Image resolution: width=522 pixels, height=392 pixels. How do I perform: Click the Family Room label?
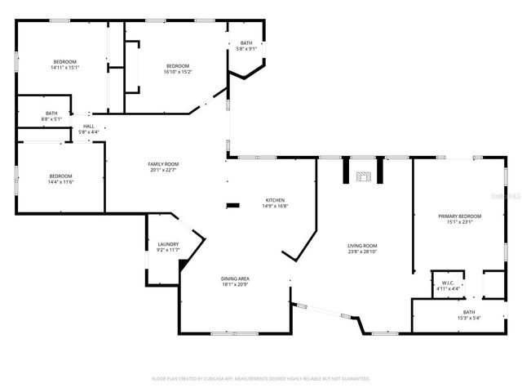[162, 164]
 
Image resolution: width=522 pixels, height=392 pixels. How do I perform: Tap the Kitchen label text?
[274, 200]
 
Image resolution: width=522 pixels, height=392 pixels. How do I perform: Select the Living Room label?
[363, 246]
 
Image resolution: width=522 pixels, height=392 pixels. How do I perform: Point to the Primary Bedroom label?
[459, 216]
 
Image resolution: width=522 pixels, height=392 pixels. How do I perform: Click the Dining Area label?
[235, 278]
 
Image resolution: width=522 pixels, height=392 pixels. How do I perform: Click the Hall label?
[88, 126]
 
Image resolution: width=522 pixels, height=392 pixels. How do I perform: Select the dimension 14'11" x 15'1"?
[64, 68]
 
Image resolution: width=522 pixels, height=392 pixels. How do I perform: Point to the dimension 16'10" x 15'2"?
[178, 71]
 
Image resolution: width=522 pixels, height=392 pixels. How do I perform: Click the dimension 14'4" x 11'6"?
[60, 182]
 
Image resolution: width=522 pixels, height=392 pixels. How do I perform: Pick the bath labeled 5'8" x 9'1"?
[246, 49]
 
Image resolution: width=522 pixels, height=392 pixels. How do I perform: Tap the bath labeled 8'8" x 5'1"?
[51, 119]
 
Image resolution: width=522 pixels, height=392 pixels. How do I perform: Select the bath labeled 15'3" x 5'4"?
[468, 318]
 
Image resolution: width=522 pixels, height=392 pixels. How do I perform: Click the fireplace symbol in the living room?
[364, 175]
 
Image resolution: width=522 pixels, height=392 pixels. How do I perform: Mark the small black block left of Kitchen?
[233, 205]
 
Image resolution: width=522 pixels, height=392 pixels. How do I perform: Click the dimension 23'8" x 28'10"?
[363, 252]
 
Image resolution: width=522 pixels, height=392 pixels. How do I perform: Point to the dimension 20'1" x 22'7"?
[162, 170]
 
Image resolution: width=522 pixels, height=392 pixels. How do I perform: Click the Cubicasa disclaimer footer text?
[261, 378]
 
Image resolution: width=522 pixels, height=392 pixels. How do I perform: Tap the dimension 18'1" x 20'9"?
[235, 284]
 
